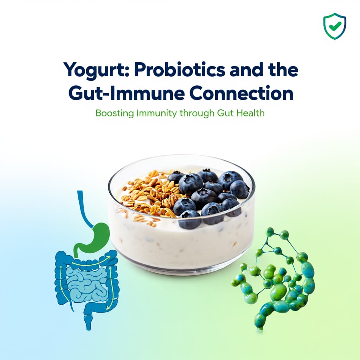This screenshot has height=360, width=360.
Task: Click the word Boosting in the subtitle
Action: [x=112, y=114]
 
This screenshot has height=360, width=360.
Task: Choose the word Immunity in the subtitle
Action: [x=150, y=114]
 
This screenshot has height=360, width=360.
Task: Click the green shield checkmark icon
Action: [x=334, y=26]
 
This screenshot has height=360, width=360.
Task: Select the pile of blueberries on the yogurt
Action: [x=207, y=193]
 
